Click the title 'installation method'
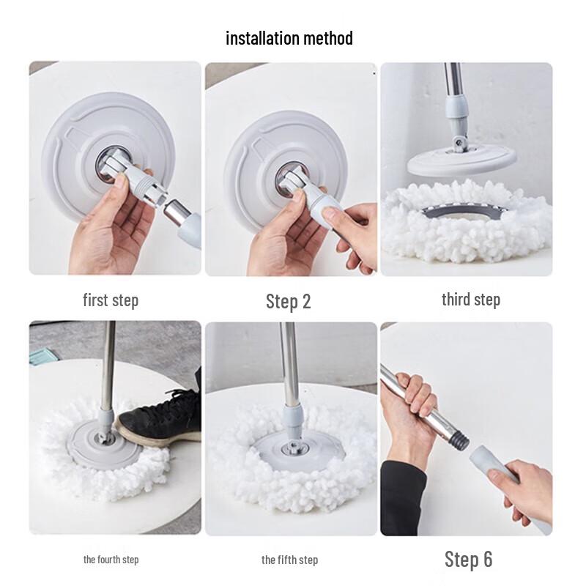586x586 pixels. pyautogui.click(x=289, y=38)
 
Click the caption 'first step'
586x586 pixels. pyautogui.click(x=110, y=300)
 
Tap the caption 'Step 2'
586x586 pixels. pyautogui.click(x=288, y=301)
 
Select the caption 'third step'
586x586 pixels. pyautogui.click(x=470, y=300)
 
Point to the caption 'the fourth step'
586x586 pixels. pyautogui.click(x=111, y=560)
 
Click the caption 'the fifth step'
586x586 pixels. pyautogui.click(x=289, y=560)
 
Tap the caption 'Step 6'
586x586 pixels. pyautogui.click(x=468, y=560)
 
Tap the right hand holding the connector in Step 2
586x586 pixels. pyautogui.click(x=355, y=227)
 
